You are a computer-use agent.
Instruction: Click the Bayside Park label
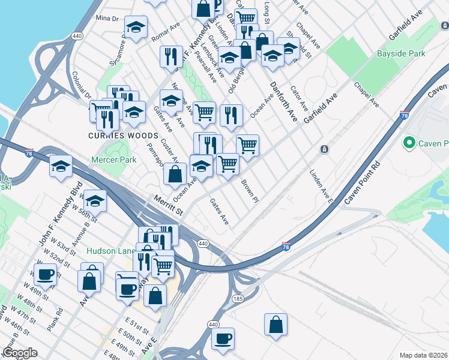click(401, 54)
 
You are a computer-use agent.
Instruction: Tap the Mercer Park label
click(114, 160)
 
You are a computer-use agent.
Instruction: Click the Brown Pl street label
click(250, 190)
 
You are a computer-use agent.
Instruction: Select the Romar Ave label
click(166, 34)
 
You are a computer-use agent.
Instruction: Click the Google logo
click(20, 353)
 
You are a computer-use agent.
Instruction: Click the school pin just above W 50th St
click(95, 201)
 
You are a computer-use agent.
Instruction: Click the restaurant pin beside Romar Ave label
click(171, 56)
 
